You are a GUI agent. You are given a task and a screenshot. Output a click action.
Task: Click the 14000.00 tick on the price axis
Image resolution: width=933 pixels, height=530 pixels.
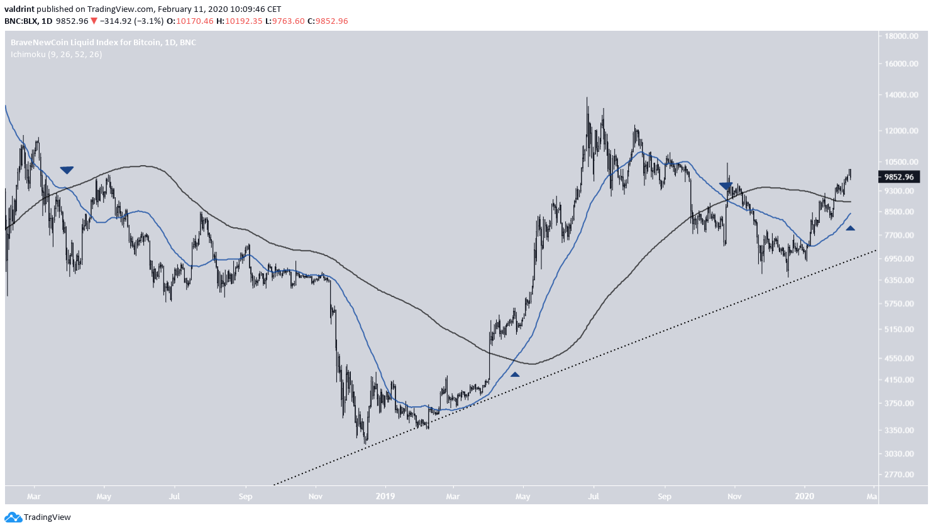pyautogui.click(x=900, y=95)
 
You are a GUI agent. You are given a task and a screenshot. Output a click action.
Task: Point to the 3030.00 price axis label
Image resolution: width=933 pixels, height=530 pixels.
pyautogui.click(x=900, y=454)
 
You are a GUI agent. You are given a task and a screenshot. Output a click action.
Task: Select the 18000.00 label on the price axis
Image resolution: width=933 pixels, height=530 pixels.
pyautogui.click(x=900, y=36)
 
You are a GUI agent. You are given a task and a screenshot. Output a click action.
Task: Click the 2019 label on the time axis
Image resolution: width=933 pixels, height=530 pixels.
pyautogui.click(x=385, y=497)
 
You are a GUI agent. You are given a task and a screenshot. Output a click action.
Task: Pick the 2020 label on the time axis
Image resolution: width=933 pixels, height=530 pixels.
pyautogui.click(x=804, y=497)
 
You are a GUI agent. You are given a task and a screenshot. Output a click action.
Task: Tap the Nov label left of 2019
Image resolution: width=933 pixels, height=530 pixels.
pyautogui.click(x=316, y=497)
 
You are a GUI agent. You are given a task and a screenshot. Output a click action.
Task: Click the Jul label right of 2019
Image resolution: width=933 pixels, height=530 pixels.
pyautogui.click(x=593, y=497)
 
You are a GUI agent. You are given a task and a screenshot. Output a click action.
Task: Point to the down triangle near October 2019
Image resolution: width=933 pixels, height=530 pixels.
pyautogui.click(x=726, y=187)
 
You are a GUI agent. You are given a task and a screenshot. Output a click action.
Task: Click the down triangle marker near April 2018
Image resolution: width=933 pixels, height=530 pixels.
pyautogui.click(x=67, y=170)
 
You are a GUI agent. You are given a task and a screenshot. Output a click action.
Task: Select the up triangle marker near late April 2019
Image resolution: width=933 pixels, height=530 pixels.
pyautogui.click(x=515, y=375)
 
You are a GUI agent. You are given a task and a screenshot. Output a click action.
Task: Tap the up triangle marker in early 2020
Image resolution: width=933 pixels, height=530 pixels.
pyautogui.click(x=850, y=229)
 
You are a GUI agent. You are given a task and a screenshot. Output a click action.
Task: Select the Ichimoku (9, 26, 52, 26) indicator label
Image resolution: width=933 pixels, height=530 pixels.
pyautogui.click(x=57, y=55)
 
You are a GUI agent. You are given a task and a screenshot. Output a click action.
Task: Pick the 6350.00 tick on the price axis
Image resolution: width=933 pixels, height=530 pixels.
pyautogui.click(x=900, y=281)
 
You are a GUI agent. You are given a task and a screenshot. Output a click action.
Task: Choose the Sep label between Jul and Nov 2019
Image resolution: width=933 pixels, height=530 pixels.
pyautogui.click(x=665, y=497)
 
